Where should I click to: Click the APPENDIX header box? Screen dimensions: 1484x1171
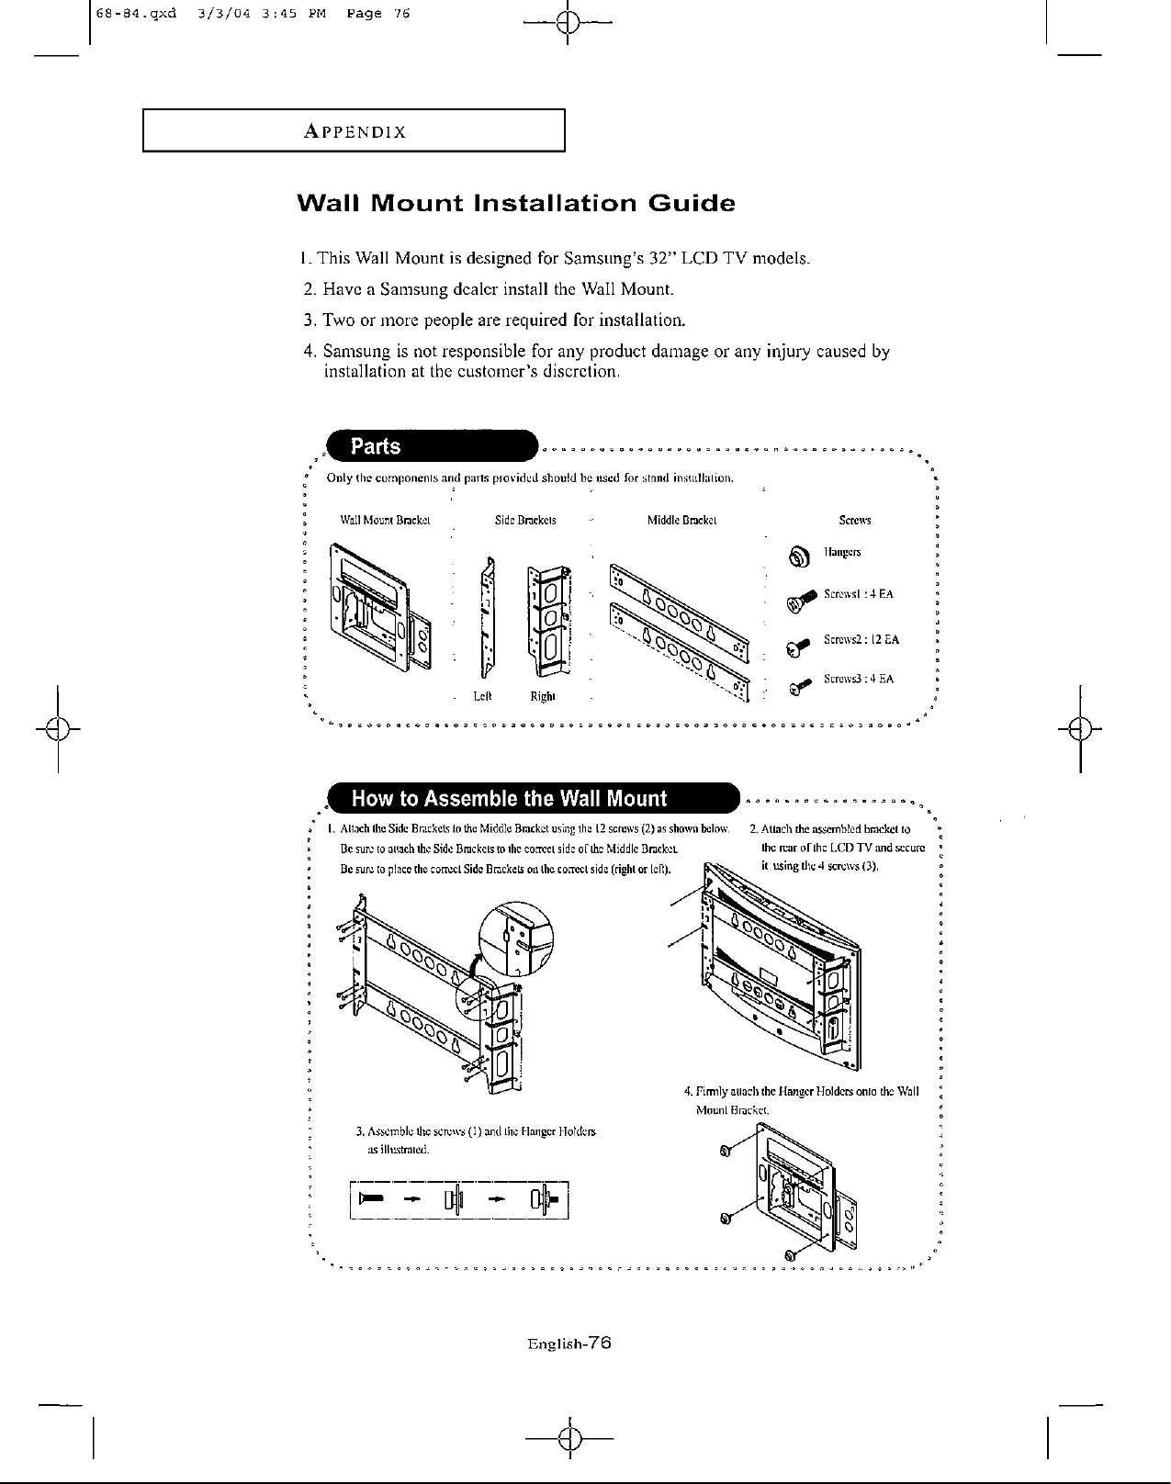[353, 130]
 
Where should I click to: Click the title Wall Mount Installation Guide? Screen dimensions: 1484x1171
[516, 203]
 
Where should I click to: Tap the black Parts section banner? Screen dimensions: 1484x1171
[432, 447]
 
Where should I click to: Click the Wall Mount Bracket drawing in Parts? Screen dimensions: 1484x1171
[377, 606]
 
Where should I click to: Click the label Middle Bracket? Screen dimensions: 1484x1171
[681, 521]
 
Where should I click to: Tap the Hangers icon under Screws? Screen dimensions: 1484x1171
[797, 555]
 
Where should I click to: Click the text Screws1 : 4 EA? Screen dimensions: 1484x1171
[858, 594]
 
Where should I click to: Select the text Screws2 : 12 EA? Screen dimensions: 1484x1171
[861, 639]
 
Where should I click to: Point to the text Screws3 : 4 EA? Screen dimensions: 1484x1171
[859, 680]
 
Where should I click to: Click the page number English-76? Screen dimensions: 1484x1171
[569, 1343]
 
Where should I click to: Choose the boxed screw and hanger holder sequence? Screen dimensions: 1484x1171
[460, 1198]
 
